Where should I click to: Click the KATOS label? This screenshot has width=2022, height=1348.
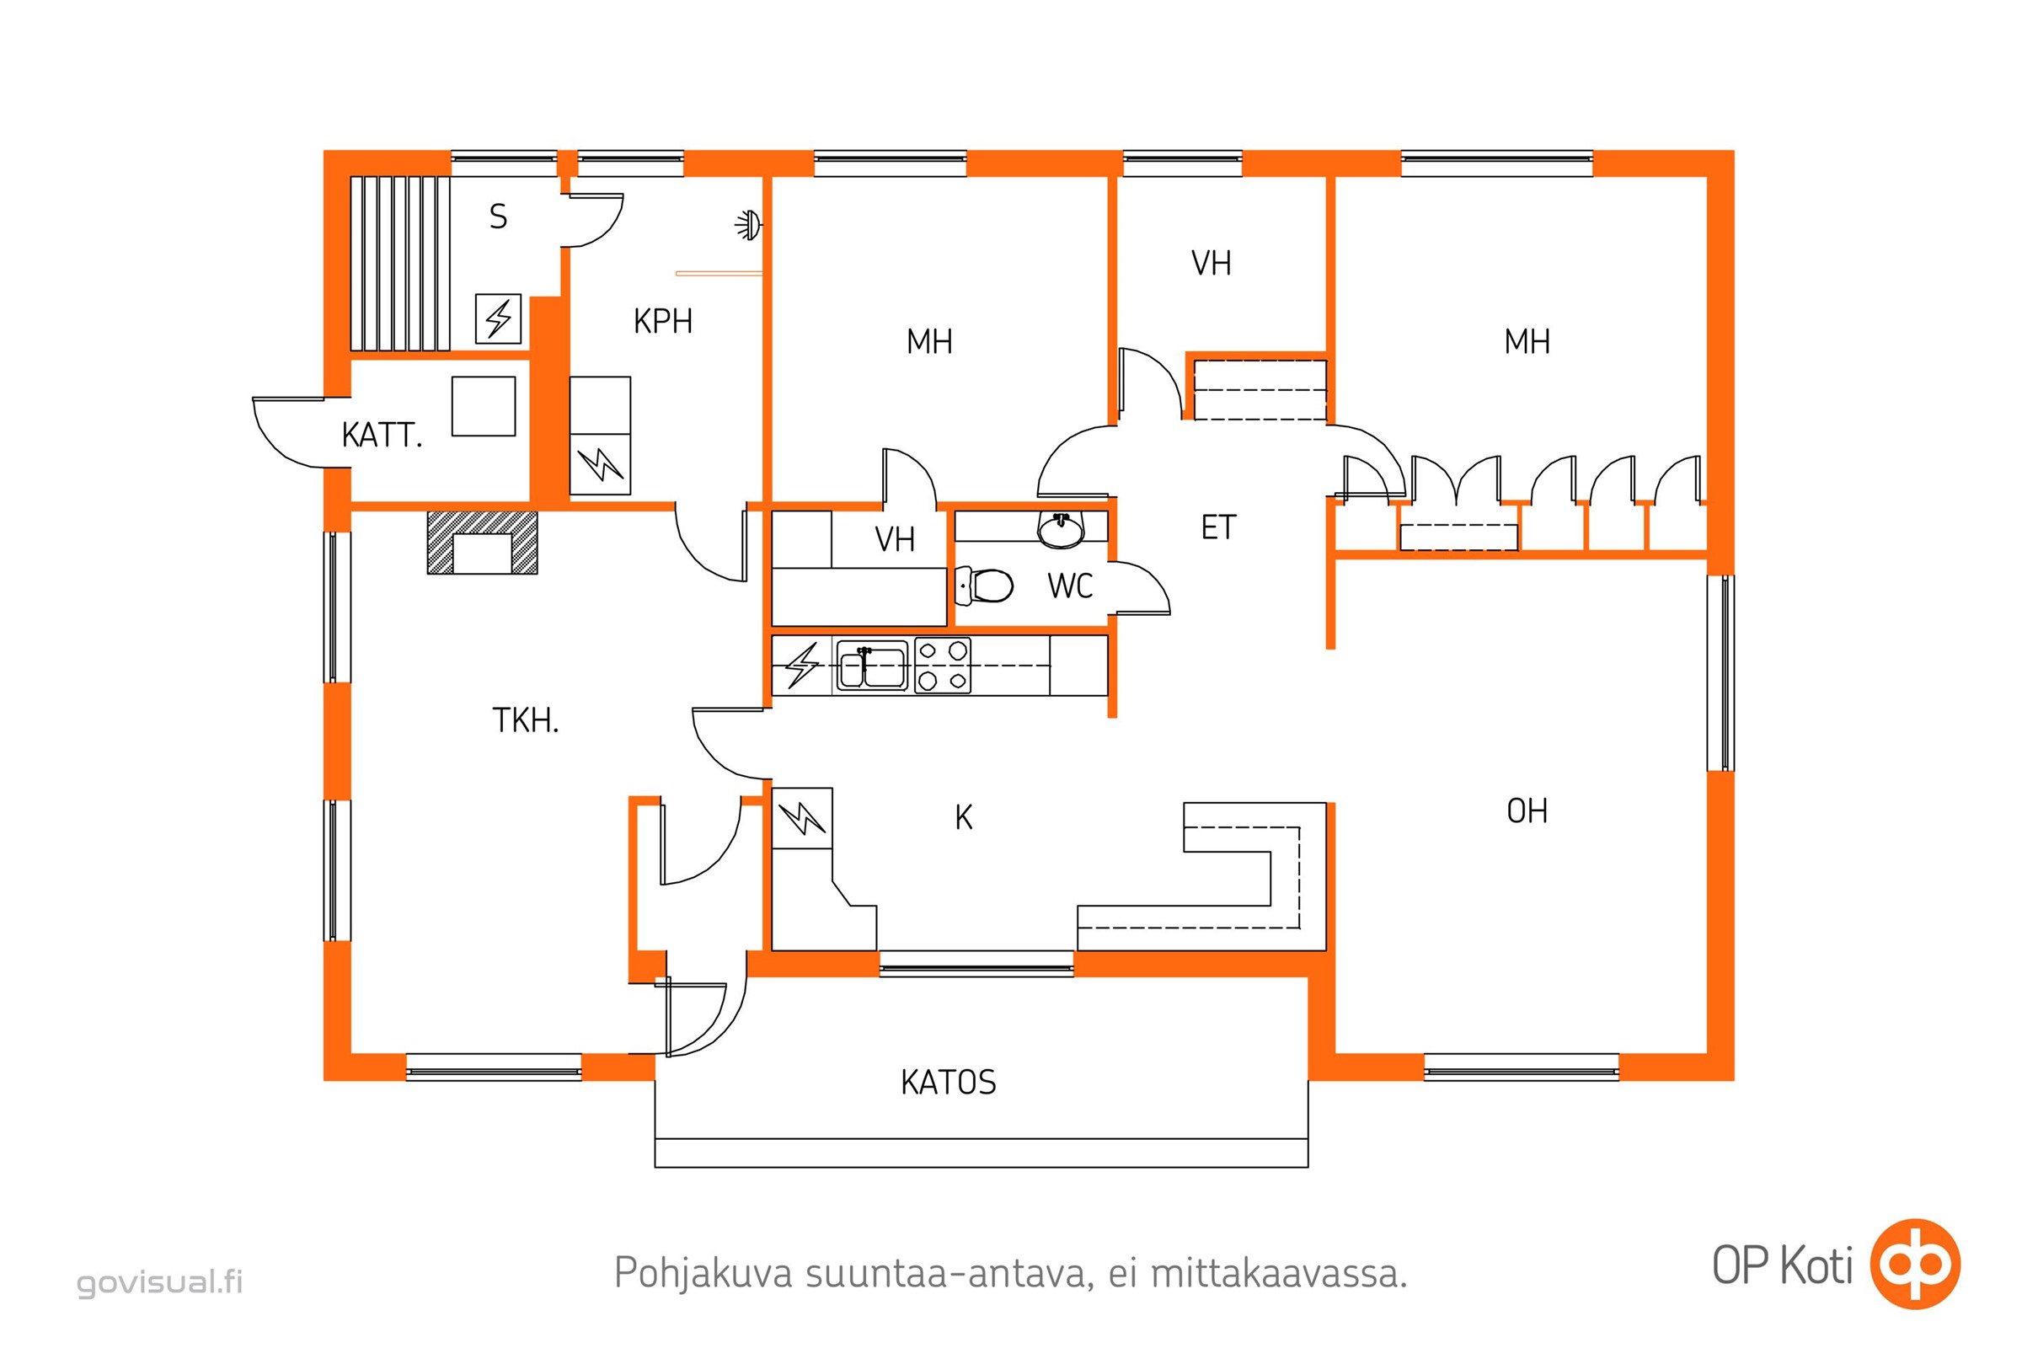coord(949,1083)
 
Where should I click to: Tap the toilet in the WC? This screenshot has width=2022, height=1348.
coord(984,586)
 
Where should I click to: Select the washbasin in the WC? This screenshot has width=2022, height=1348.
coord(1062,530)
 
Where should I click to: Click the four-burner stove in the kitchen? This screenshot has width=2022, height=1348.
coord(942,666)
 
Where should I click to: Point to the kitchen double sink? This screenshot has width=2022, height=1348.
coord(872,666)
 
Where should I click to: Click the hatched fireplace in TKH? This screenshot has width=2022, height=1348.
coord(482,543)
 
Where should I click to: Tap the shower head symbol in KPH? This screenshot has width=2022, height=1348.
coord(749,225)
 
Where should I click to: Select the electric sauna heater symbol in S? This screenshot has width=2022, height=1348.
coord(499,319)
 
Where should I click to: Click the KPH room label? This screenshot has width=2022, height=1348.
coord(663,322)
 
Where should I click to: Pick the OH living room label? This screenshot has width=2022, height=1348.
coord(1527,810)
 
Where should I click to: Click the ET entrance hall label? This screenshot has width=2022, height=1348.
coord(1218,528)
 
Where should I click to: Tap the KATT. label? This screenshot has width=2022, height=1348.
coord(382,436)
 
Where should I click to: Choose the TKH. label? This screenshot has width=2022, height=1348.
coord(525,720)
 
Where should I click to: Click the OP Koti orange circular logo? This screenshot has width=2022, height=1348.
coord(1916,1265)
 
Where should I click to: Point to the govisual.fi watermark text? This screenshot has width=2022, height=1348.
coord(160,1281)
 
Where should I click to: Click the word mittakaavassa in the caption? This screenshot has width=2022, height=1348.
coord(1279,1273)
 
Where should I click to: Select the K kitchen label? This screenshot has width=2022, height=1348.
coord(964,817)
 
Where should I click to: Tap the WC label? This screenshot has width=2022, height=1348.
coord(1070,586)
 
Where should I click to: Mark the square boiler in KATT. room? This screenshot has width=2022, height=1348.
coord(484,406)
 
